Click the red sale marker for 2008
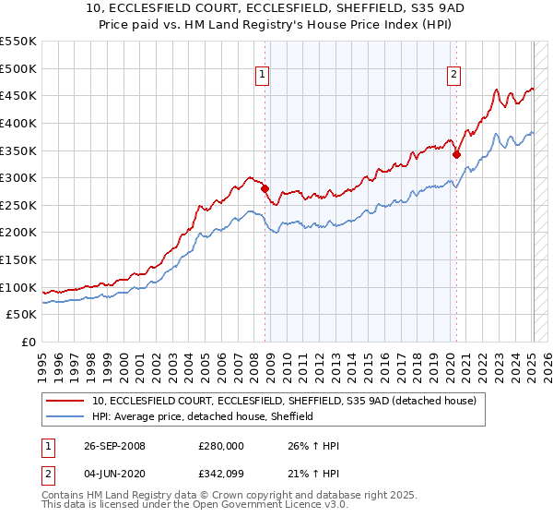pyautogui.click(x=265, y=188)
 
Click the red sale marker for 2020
pyautogui.click(x=456, y=155)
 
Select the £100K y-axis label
pyautogui.click(x=19, y=287)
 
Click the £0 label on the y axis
pyautogui.click(x=28, y=343)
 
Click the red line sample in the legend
pyautogui.click(x=65, y=402)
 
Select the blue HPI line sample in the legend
pyautogui.click(x=65, y=417)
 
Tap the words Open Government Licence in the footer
pyautogui.click(x=271, y=507)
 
